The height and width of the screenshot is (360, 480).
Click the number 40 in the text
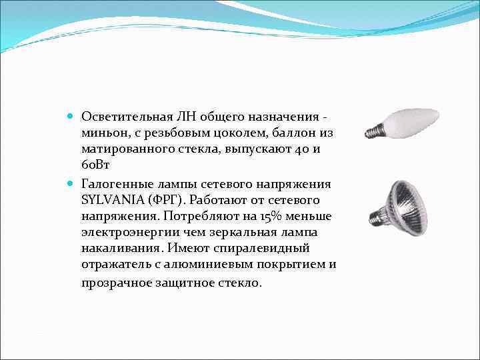[x=297, y=149]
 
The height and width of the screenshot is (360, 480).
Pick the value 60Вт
[x=97, y=166]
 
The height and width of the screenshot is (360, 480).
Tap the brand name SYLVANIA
[x=109, y=199]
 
